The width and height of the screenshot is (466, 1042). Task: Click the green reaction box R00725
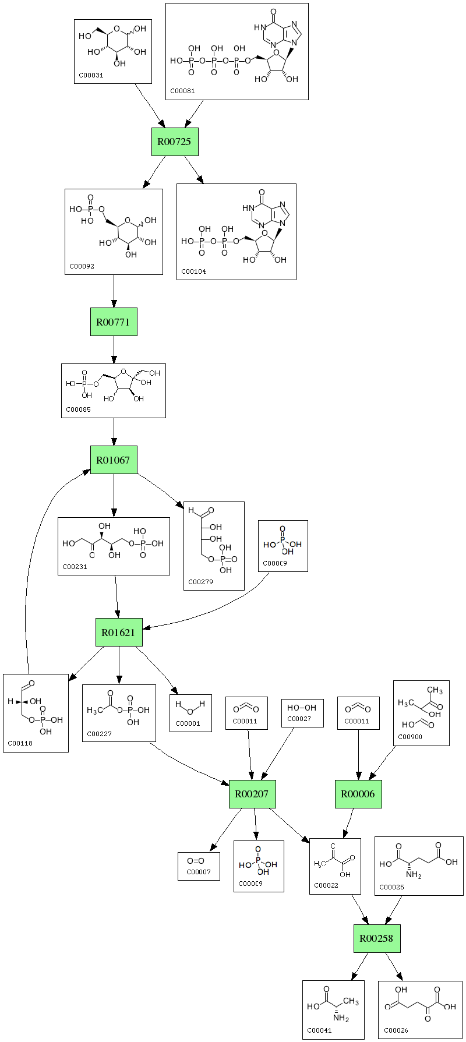(x=175, y=142)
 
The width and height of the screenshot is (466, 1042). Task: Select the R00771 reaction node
(x=114, y=322)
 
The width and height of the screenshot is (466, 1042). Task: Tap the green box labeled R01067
(x=114, y=460)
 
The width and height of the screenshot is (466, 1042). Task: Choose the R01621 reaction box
(x=119, y=632)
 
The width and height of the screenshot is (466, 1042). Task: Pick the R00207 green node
(x=252, y=794)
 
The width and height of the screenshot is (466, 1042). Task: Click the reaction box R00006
(x=358, y=794)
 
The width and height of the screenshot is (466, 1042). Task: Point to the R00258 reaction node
(x=377, y=938)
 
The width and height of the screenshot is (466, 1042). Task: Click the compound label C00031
(x=91, y=75)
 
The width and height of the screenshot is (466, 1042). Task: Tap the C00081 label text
(x=182, y=91)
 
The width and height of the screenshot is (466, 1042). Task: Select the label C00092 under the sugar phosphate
(x=82, y=266)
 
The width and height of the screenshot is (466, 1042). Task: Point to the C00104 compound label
(x=193, y=271)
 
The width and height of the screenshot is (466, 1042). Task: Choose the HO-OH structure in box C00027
(x=302, y=708)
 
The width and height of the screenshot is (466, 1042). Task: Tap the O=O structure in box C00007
(x=196, y=861)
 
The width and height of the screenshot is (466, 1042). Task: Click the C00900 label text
(x=410, y=737)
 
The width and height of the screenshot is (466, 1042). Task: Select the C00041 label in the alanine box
(x=319, y=1030)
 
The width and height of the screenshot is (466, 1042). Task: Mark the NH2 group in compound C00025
(x=414, y=875)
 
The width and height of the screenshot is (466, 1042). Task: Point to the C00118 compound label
(x=19, y=743)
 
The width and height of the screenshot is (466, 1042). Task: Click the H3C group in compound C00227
(x=94, y=711)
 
